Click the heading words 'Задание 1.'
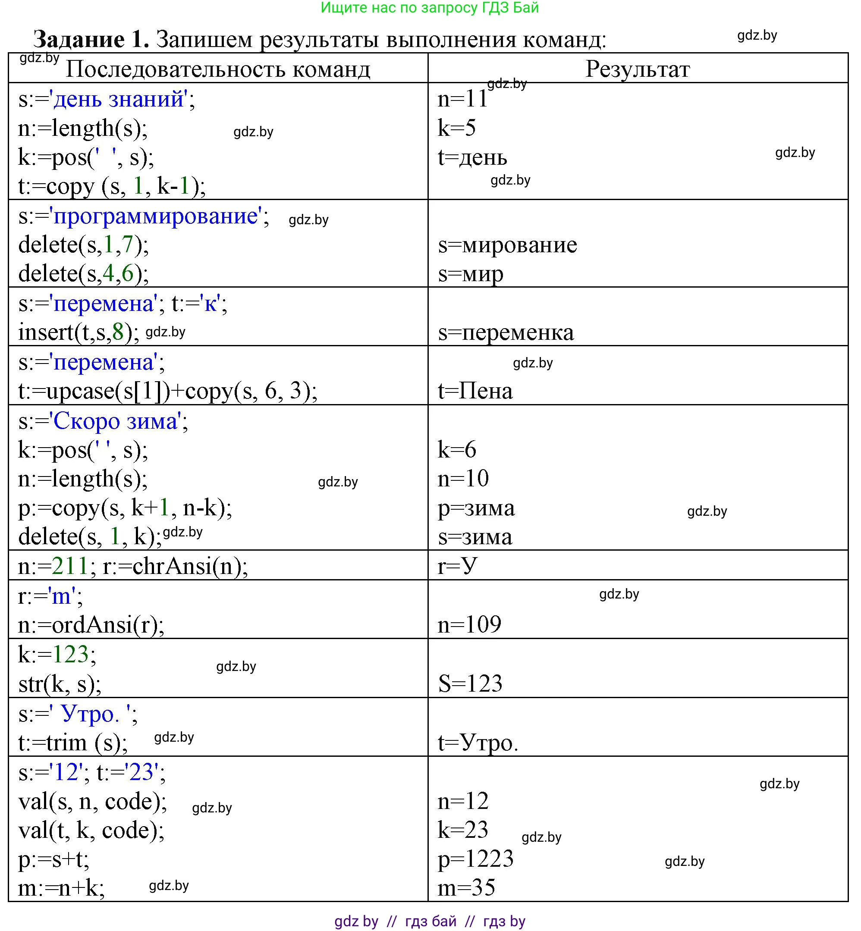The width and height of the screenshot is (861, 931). point(91,39)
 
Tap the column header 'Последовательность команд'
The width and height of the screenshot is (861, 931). point(217,69)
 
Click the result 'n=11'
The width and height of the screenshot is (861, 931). point(462,99)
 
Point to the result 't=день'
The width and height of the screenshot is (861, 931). point(472,157)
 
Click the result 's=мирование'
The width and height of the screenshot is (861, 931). point(507,245)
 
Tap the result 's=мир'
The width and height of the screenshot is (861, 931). point(470,274)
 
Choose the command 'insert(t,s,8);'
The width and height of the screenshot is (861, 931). point(78,332)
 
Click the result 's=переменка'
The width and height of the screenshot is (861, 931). point(506,332)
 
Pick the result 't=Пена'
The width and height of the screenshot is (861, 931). point(475,391)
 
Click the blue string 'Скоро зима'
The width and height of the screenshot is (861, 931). point(116,421)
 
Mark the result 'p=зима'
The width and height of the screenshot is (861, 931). point(476,508)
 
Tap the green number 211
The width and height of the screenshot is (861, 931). point(70,566)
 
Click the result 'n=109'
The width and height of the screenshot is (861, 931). point(469,624)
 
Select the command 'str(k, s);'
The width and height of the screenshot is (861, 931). point(60,683)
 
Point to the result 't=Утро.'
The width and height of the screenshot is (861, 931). point(478,743)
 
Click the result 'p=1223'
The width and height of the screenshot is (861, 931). point(475,859)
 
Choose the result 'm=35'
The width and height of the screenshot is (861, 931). point(466,887)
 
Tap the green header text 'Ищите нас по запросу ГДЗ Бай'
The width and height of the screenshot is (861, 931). point(430,8)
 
